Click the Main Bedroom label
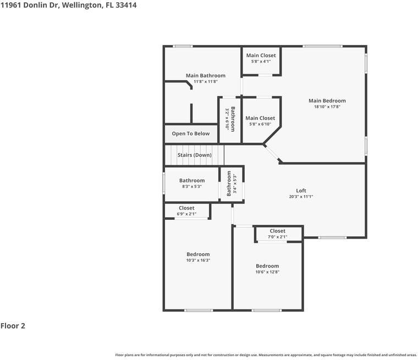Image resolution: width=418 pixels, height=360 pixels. tap(327, 101)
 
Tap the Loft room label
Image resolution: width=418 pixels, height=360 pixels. tap(301, 191)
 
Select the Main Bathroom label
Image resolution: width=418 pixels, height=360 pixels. tap(205, 75)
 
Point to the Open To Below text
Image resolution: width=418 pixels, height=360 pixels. tap(190, 134)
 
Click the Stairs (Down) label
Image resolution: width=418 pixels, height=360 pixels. tap(194, 155)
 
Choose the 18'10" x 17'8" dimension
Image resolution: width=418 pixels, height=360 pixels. tap(327, 107)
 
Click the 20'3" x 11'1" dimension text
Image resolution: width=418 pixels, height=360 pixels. tap(301, 197)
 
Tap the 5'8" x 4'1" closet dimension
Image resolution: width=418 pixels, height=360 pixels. tap(261, 62)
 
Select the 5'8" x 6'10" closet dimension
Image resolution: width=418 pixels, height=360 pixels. tap(260, 124)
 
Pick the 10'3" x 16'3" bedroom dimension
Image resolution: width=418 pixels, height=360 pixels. tap(198, 261)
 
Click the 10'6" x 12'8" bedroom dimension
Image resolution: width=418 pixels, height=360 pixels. tap(267, 272)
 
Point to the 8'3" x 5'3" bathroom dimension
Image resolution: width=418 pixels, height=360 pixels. tap(192, 186)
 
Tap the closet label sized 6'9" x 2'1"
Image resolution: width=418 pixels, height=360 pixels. tap(186, 208)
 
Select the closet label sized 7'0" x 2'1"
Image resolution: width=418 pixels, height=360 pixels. tap(278, 231)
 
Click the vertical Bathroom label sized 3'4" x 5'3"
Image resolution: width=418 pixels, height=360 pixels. tap(229, 184)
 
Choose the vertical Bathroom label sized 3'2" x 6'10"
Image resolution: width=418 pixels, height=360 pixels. tap(233, 118)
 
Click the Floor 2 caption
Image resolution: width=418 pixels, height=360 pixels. tap(13, 325)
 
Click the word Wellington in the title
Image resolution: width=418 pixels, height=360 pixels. tap(82, 5)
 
